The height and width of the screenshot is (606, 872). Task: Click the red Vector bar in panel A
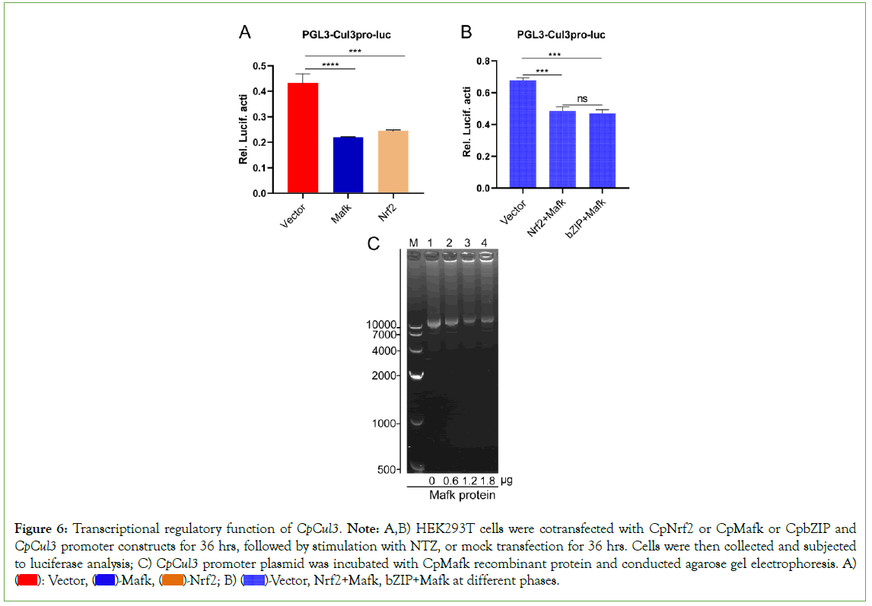point(302,138)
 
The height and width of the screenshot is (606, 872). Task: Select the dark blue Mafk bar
point(347,165)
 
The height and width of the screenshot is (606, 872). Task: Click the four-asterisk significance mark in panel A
point(330,65)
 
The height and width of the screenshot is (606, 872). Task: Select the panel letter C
point(374,245)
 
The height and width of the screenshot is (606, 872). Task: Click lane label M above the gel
point(414,243)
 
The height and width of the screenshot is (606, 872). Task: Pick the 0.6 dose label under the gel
point(450,481)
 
